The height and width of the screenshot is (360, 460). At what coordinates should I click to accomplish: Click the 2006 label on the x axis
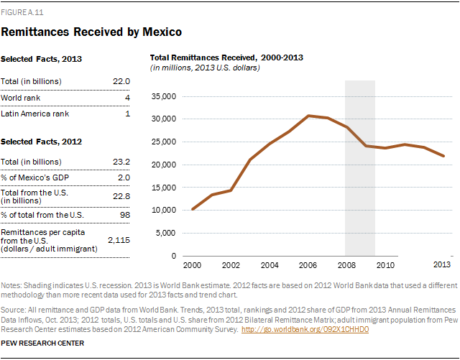tap(308, 266)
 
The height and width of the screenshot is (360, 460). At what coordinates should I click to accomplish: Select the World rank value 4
tap(126, 97)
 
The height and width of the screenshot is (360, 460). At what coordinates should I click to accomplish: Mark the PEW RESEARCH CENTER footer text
tap(43, 343)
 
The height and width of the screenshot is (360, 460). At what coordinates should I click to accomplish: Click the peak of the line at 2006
tap(308, 116)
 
